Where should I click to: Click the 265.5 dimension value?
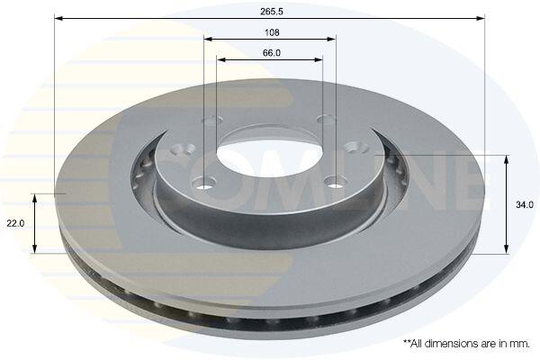point(272,12)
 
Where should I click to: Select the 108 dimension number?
point(272,32)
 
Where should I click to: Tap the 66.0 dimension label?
point(272,53)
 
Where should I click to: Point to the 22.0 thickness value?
point(15,223)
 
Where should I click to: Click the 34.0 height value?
point(525,204)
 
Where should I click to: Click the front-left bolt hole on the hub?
point(204,183)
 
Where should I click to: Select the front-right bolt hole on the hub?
point(335,182)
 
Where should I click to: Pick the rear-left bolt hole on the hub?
point(211,121)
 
